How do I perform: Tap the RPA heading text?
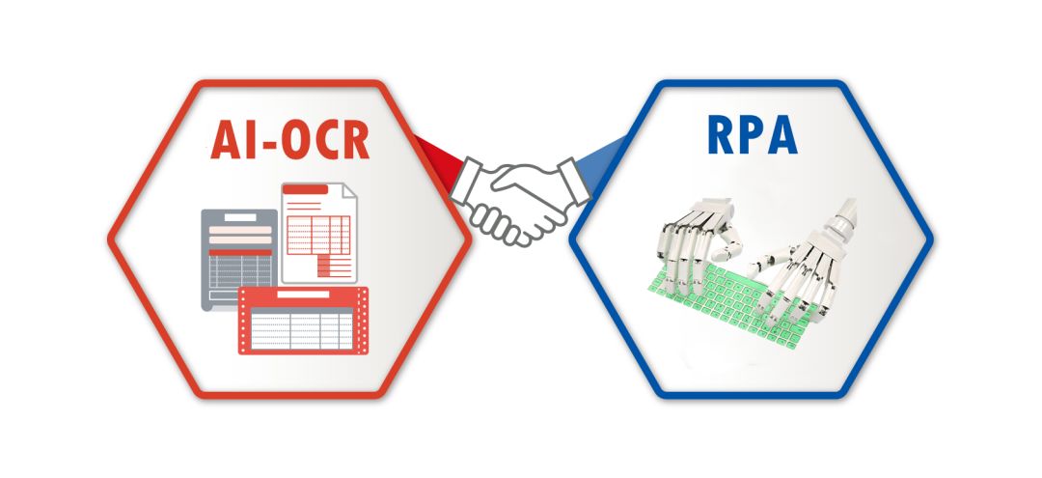751,135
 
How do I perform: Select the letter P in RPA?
751,135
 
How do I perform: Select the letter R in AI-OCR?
352,140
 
